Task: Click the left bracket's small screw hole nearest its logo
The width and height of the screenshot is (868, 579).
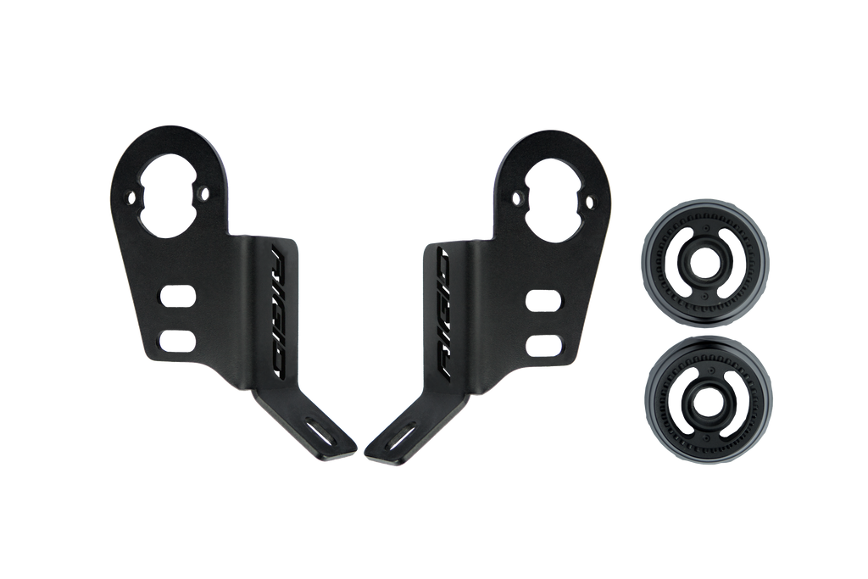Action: (203, 194)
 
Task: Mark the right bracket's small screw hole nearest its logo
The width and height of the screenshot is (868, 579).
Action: (515, 197)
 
